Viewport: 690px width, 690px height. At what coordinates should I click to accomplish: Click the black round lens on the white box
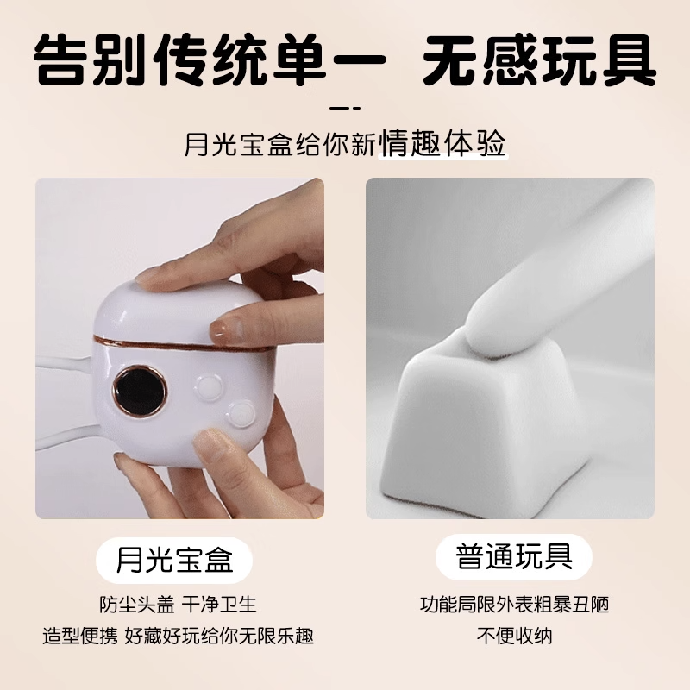coord(140,391)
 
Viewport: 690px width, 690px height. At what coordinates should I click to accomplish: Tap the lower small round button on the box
coord(241,413)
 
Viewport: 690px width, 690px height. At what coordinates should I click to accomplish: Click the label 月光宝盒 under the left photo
coord(174,560)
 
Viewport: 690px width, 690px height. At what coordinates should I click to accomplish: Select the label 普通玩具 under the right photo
coord(514,556)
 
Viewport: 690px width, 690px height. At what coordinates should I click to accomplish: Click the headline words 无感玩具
coord(540,60)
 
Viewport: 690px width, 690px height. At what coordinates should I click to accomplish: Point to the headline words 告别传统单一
coord(210,60)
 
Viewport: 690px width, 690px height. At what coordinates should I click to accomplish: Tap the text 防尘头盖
coord(137,605)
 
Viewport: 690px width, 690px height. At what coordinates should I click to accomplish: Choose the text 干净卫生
coord(219,605)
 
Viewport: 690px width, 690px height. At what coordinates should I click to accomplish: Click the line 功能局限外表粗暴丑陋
coord(514,605)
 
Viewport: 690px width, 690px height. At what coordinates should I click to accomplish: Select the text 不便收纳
coord(514,636)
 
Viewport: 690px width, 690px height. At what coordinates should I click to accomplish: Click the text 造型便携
coord(80,636)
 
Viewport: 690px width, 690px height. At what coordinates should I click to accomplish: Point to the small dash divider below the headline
coord(345,108)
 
